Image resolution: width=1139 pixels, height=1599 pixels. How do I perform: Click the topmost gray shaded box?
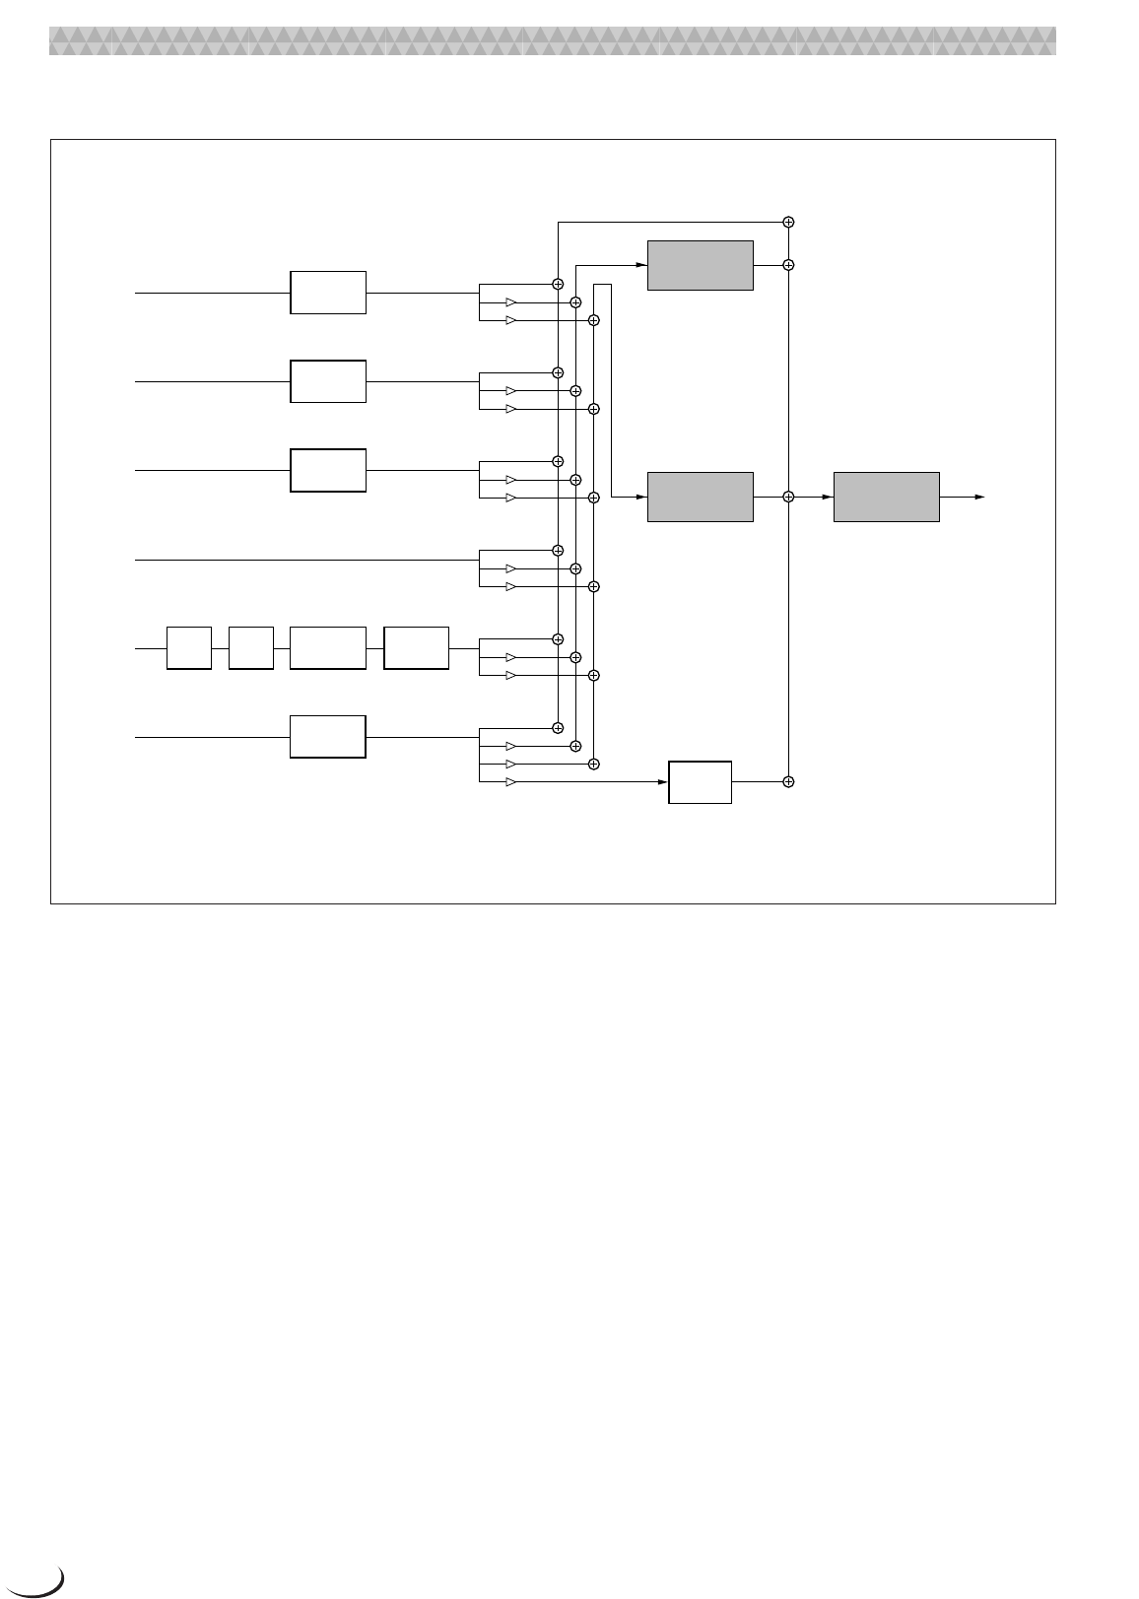[x=700, y=265]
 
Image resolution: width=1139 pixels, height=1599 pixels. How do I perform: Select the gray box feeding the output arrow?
[x=886, y=498]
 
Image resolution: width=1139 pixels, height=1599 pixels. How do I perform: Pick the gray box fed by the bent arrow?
[x=700, y=498]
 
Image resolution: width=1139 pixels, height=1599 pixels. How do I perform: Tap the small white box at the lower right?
[x=700, y=782]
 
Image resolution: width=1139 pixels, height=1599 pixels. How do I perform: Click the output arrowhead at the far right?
[x=979, y=498]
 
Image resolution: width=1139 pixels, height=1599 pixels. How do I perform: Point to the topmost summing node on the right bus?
[x=788, y=222]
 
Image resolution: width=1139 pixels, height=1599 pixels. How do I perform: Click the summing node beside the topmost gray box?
[x=788, y=265]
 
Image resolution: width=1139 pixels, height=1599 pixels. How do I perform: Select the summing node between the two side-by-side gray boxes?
[x=788, y=498]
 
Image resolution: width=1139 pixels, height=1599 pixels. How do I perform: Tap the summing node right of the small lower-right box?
[x=788, y=781]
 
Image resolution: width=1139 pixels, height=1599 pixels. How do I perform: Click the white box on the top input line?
[x=328, y=293]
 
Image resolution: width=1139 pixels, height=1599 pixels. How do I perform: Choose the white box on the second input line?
[x=328, y=381]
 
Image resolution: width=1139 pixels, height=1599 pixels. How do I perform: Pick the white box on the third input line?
[x=328, y=470]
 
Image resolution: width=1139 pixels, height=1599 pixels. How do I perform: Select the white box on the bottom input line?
[x=328, y=737]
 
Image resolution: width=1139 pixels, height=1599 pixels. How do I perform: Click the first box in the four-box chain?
[x=189, y=647]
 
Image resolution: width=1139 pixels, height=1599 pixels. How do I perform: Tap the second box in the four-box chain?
[x=250, y=647]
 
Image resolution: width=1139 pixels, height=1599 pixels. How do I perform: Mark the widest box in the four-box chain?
[x=328, y=647]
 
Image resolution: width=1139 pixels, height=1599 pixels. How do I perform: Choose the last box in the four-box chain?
[x=416, y=647]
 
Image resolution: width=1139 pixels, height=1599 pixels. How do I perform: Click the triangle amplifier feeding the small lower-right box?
[x=510, y=782]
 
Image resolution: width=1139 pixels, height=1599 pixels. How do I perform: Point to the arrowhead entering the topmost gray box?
[x=641, y=265]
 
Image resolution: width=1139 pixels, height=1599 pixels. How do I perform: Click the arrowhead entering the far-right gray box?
[x=828, y=498]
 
